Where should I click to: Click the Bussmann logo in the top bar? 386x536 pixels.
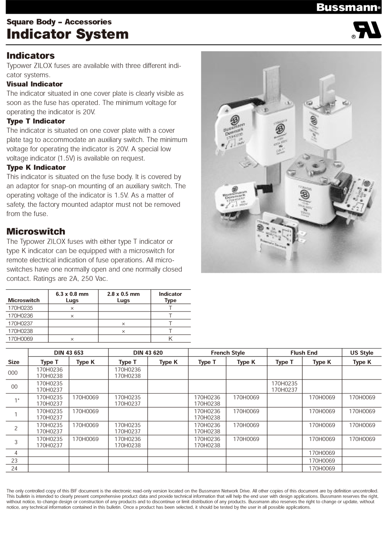click(347, 7)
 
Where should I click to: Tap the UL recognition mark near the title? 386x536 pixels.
click(366, 30)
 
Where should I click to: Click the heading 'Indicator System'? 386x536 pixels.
click(68, 34)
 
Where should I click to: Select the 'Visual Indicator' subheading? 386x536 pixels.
click(35, 84)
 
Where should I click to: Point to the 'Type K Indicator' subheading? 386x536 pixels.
click(36, 167)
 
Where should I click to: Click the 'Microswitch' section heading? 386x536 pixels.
click(36, 231)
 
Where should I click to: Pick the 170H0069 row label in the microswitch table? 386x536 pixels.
click(21, 339)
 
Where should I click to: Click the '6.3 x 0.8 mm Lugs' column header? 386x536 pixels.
click(72, 297)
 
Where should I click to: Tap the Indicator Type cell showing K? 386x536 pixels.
click(170, 339)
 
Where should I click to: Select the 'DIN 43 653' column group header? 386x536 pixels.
click(69, 353)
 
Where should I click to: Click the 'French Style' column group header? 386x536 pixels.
click(228, 353)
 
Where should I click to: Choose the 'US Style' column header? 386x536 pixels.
click(361, 353)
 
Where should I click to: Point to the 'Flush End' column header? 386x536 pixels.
click(304, 353)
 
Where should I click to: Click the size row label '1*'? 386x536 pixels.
click(16, 400)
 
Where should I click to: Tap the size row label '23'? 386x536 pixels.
click(14, 461)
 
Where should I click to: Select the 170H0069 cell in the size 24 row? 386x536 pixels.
click(322, 468)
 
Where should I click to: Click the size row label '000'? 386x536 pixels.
click(13, 373)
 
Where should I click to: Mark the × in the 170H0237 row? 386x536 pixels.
click(123, 324)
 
